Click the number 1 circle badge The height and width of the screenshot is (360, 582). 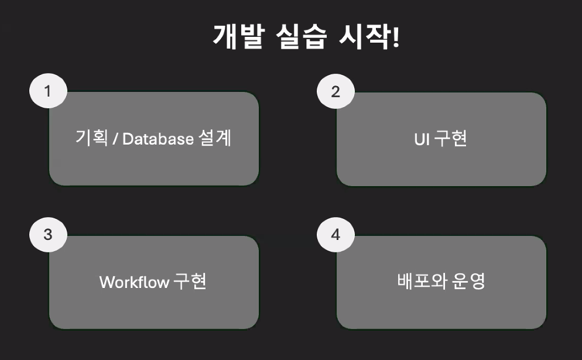tap(48, 91)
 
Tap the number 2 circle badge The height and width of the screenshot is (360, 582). tap(335, 91)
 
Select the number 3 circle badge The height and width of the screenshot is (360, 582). tap(48, 235)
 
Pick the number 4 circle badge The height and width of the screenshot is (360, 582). tap(335, 235)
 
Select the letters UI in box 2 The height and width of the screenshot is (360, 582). tap(420, 139)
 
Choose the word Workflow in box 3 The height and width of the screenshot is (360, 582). tap(134, 282)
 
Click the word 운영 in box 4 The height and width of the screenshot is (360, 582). tap(469, 282)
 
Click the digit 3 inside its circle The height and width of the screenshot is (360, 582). tap(48, 235)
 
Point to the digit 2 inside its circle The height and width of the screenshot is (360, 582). tap(335, 91)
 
